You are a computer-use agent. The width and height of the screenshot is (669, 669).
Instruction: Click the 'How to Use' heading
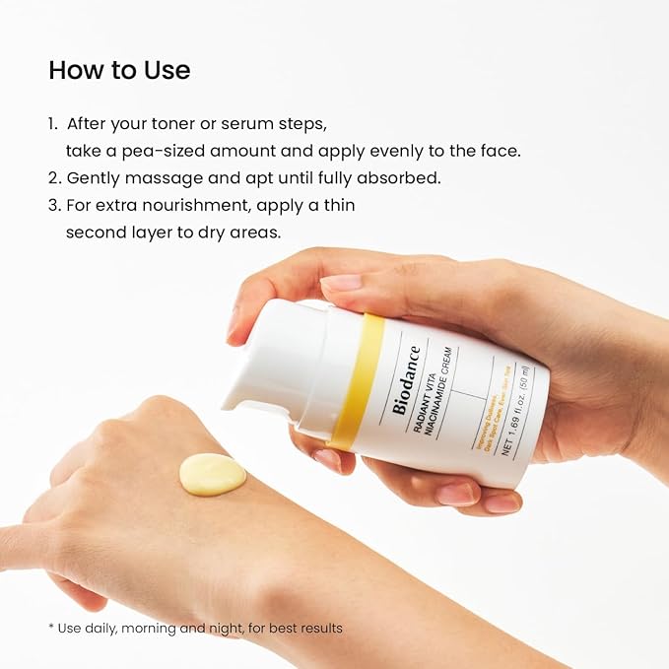[x=119, y=71]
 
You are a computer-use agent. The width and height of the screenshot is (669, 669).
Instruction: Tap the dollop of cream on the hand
[x=212, y=474]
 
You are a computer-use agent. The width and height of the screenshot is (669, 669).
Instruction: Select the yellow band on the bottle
[x=357, y=378]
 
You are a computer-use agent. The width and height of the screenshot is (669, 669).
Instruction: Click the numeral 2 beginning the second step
[x=52, y=178]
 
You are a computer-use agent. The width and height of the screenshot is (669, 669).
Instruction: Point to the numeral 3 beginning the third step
[x=52, y=206]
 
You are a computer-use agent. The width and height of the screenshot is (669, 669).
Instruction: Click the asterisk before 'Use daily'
[x=51, y=628]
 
